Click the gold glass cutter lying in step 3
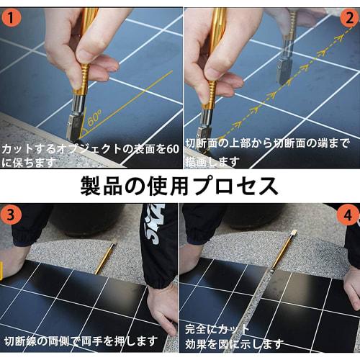[105, 256]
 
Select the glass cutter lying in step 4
[283, 249]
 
